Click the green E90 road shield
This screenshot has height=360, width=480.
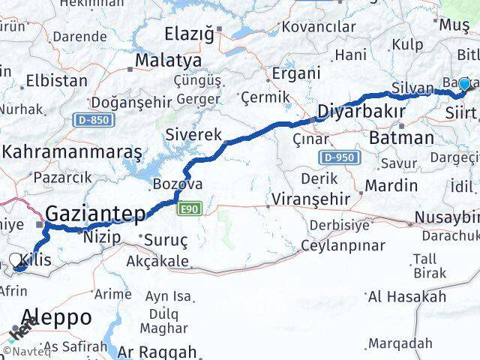[188, 211]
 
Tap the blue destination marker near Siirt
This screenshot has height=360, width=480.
[464, 85]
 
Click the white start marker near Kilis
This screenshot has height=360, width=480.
[16, 260]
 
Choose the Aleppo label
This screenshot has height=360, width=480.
[57, 316]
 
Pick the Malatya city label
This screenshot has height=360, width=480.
[168, 60]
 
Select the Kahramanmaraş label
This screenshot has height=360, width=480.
[72, 151]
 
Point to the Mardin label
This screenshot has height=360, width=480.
[391, 184]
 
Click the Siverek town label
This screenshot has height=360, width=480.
[193, 135]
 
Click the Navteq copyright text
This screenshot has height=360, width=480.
[24, 349]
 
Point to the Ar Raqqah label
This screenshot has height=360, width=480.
[157, 351]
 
